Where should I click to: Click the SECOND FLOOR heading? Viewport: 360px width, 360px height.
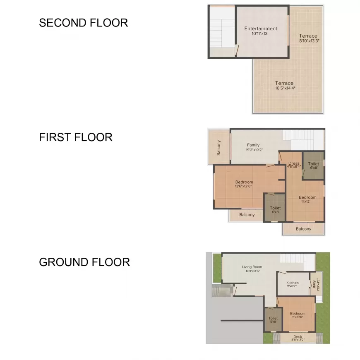tap(83, 23)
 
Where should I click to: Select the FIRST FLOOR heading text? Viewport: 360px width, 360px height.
tap(76, 137)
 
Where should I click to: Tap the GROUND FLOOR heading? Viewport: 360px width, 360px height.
tap(84, 262)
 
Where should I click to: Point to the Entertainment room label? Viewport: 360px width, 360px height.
tap(261, 29)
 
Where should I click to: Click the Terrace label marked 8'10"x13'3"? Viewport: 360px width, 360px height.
tap(308, 36)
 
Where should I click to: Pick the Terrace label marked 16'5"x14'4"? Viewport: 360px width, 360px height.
tap(285, 84)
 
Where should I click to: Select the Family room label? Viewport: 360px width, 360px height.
tap(253, 145)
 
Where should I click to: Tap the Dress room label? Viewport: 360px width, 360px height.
tap(294, 163)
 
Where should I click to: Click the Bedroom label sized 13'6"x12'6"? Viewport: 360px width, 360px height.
tap(244, 182)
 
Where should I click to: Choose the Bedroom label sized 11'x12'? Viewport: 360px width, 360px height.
tap(307, 197)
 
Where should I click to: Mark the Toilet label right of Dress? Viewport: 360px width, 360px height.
tap(314, 164)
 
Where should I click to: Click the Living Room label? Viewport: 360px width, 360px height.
tap(252, 267)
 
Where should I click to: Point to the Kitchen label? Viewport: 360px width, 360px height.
tap(293, 283)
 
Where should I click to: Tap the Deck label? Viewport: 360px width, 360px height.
tap(298, 336)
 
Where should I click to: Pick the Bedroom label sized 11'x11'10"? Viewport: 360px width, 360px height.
tap(298, 314)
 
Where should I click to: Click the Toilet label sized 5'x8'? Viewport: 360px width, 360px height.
tap(273, 319)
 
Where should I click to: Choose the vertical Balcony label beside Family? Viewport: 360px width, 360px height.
tap(219, 148)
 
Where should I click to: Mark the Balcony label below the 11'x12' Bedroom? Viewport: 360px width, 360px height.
tap(303, 229)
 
